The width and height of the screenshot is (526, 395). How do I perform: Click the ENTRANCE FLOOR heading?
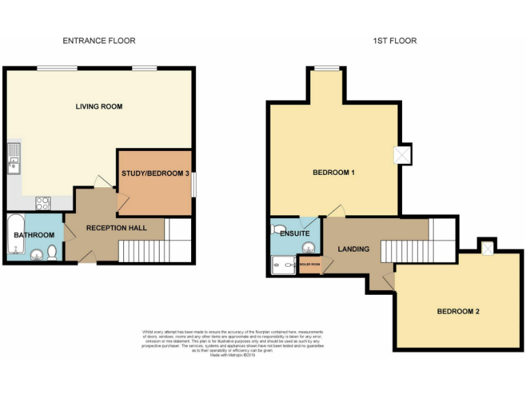(99, 40)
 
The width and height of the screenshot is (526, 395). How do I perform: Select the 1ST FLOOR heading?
(394, 40)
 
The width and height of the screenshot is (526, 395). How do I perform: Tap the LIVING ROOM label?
(99, 106)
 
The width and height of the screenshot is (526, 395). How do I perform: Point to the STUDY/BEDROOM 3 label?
(155, 173)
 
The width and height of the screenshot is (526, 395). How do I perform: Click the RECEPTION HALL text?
(116, 228)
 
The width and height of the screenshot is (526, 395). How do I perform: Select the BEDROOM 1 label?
(333, 173)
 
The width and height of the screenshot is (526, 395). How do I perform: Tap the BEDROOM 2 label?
(458, 311)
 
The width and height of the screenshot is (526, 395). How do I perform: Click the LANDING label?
(353, 249)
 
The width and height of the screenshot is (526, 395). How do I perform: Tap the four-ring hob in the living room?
(42, 202)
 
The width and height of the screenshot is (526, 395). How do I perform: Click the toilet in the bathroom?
(52, 254)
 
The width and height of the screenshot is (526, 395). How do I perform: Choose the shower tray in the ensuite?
(282, 264)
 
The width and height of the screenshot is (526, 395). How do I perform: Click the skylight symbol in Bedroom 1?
(402, 155)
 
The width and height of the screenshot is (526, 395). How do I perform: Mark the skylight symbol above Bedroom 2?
(487, 248)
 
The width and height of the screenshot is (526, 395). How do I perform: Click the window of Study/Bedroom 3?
(193, 184)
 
